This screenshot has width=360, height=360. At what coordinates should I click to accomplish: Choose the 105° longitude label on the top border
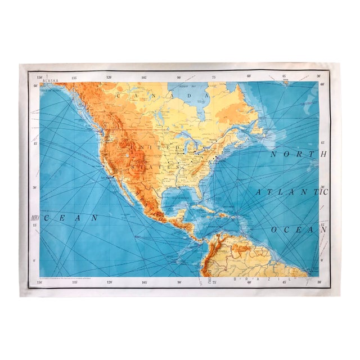point(144,76)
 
